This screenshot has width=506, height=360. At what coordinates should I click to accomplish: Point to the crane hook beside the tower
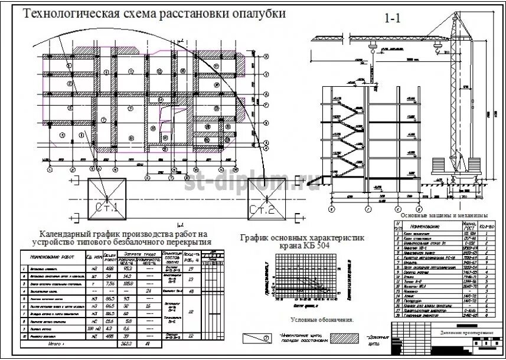coord(438,51)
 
